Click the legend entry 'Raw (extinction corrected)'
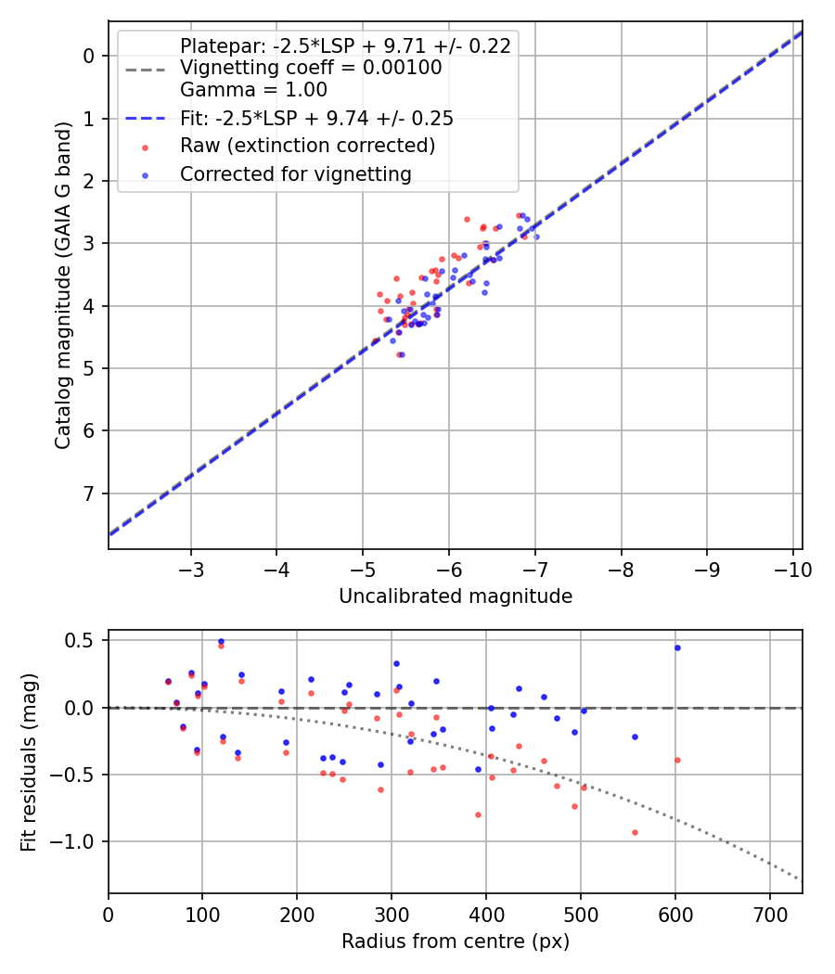[x=307, y=146]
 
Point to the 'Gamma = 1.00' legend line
[x=253, y=90]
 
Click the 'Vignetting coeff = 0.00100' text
[x=311, y=68]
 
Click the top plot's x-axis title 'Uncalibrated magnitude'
[x=455, y=596]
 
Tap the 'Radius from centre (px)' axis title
[x=455, y=942]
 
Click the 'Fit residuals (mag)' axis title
[x=29, y=762]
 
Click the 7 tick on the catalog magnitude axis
[x=89, y=493]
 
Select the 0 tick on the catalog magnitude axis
[x=89, y=56]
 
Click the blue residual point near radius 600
[x=677, y=647]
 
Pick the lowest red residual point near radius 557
[x=635, y=832]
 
